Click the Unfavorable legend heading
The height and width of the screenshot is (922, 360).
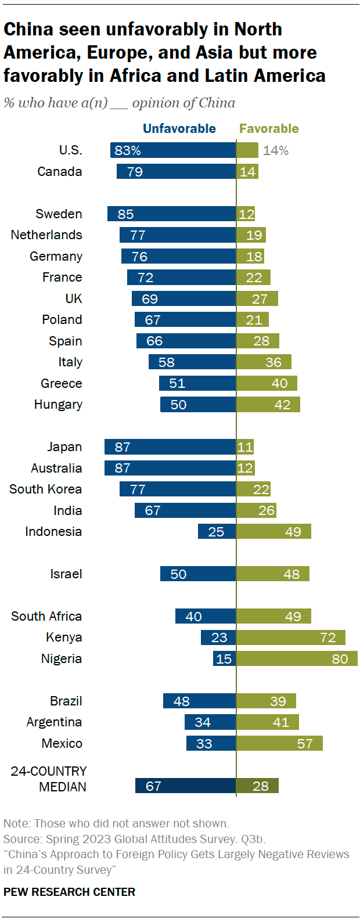click(x=179, y=129)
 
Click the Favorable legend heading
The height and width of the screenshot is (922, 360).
click(x=269, y=129)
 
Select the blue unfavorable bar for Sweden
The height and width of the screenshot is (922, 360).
click(x=171, y=214)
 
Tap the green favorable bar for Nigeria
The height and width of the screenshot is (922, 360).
click(x=297, y=658)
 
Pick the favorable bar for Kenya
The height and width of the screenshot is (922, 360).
click(x=290, y=638)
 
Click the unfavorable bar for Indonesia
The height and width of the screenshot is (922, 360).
click(x=217, y=531)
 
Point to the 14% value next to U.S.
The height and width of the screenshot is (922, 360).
click(x=275, y=150)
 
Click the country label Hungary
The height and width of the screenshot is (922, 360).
click(x=58, y=405)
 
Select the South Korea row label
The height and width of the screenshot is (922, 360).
click(x=45, y=489)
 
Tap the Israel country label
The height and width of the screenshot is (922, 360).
click(x=66, y=574)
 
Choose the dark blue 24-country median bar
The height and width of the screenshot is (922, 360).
click(x=185, y=786)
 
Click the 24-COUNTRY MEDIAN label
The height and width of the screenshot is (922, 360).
click(x=49, y=779)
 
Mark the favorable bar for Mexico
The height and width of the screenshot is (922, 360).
click(x=279, y=743)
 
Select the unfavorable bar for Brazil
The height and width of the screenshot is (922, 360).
click(x=199, y=701)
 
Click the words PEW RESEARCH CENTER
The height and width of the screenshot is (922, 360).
click(x=69, y=892)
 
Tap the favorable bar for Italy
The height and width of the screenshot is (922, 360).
click(x=264, y=362)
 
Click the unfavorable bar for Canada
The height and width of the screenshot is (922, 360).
click(x=176, y=171)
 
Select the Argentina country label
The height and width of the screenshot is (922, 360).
click(x=54, y=722)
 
